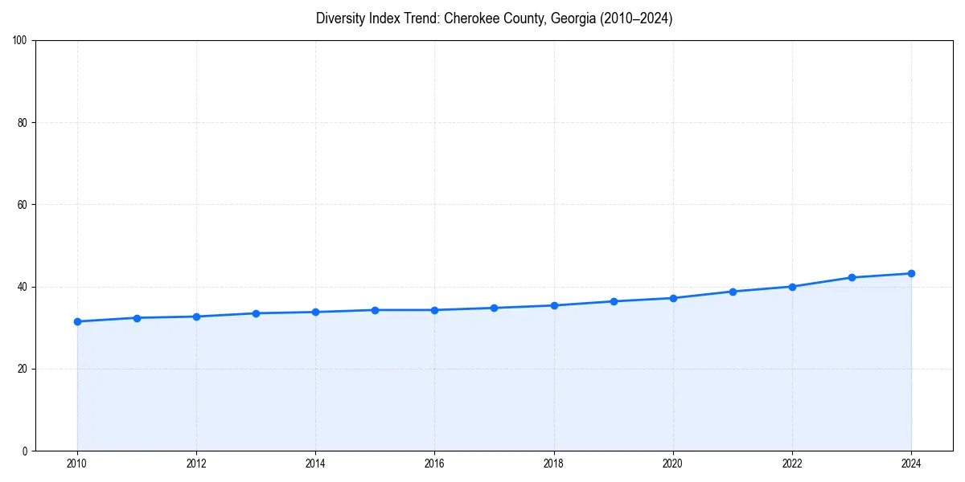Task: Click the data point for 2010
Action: [x=77, y=321]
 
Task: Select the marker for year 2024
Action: [x=911, y=273]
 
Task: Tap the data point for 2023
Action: [x=852, y=277]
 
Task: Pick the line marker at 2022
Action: [x=792, y=287]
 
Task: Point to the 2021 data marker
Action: [x=733, y=292]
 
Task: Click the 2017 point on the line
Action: [x=494, y=308]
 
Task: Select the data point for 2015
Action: [x=375, y=310]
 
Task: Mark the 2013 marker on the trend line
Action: [x=256, y=313]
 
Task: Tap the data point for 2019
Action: [x=614, y=301]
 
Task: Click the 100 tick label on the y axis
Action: [x=21, y=41]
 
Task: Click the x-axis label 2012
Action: [x=196, y=464]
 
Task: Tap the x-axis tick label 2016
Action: [x=434, y=464]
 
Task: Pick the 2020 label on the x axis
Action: [x=673, y=464]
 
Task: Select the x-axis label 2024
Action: [x=911, y=464]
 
